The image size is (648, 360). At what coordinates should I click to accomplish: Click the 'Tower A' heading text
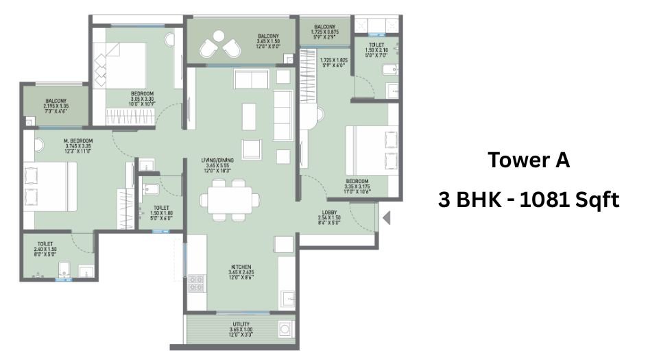click(529, 161)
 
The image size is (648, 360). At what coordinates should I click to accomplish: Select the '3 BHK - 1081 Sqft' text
click(529, 200)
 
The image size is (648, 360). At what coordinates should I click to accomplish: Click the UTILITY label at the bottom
click(241, 324)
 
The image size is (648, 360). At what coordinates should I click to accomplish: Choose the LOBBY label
click(329, 213)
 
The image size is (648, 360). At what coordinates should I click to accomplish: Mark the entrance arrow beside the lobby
click(386, 219)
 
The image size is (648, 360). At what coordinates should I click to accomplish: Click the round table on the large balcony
click(219, 46)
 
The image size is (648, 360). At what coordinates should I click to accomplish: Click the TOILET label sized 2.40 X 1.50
click(46, 243)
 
